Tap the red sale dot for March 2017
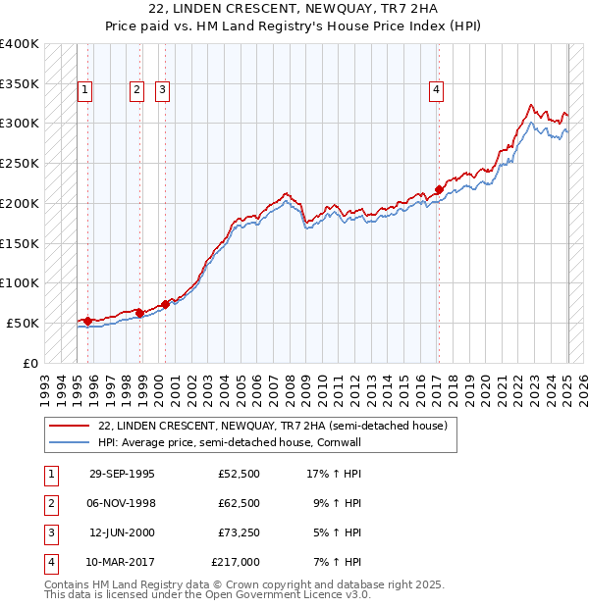[439, 190]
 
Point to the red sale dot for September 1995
[88, 321]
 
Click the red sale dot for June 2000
[165, 304]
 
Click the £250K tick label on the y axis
[19, 164]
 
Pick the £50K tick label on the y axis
[23, 323]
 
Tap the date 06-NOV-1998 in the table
[122, 503]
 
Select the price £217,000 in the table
[236, 562]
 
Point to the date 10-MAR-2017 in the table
[122, 562]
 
